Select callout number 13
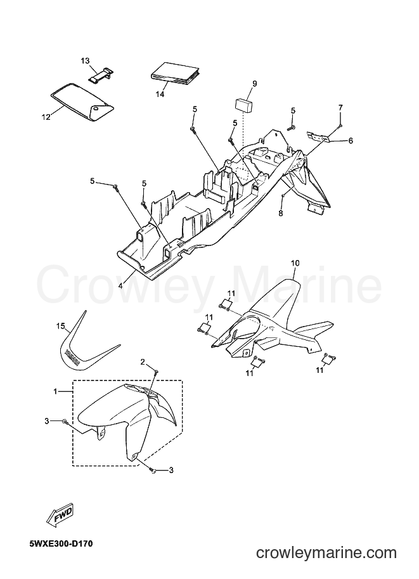[x=86, y=60]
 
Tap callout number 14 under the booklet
[x=160, y=94]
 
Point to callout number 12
[x=46, y=117]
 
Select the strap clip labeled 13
[x=101, y=74]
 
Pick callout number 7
[x=340, y=107]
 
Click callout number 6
[x=351, y=140]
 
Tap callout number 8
[x=281, y=213]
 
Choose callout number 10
[x=295, y=263]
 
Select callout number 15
[x=61, y=326]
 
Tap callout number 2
[x=143, y=362]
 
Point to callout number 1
[x=55, y=391]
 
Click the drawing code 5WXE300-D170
[x=61, y=543]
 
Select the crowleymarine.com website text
[x=326, y=553]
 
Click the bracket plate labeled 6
[x=318, y=136]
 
